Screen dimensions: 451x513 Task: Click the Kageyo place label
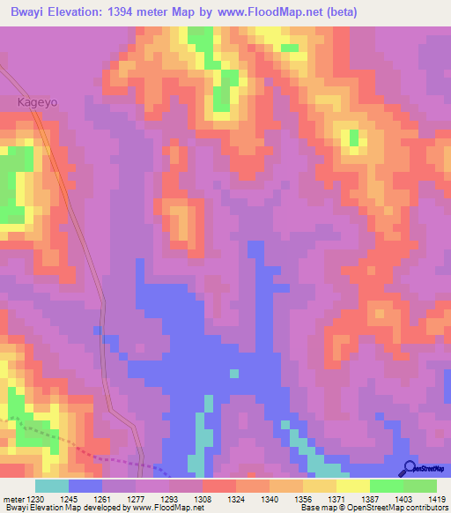click(37, 102)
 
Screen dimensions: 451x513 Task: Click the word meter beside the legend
click(11, 499)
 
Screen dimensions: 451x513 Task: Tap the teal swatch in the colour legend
click(52, 486)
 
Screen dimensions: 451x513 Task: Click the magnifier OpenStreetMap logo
click(410, 468)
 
